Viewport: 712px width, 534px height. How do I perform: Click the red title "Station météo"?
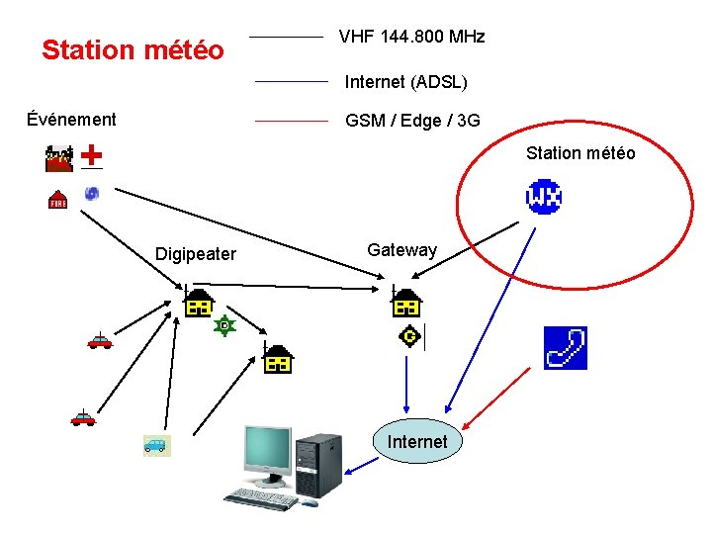point(133,49)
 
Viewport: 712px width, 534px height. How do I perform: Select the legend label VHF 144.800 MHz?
point(411,37)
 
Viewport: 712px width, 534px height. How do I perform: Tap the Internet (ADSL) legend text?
point(405,81)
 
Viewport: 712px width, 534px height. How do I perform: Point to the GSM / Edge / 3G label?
point(412,121)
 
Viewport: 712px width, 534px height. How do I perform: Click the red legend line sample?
point(291,121)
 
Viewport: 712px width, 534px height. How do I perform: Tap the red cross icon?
point(91,155)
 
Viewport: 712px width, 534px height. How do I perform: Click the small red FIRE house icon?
point(58,199)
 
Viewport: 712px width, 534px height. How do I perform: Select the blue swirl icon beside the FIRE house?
point(92,193)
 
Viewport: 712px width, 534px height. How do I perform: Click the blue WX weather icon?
point(544,197)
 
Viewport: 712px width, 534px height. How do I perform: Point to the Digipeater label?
point(196,254)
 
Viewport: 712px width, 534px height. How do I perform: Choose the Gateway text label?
point(401,250)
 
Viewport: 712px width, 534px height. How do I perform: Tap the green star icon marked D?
point(225,324)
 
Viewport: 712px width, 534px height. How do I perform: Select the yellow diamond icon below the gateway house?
point(408,337)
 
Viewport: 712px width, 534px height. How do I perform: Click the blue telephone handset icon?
point(566,348)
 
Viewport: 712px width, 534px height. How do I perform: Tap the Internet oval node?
point(417,441)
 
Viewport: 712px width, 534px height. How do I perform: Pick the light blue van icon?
point(156,445)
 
